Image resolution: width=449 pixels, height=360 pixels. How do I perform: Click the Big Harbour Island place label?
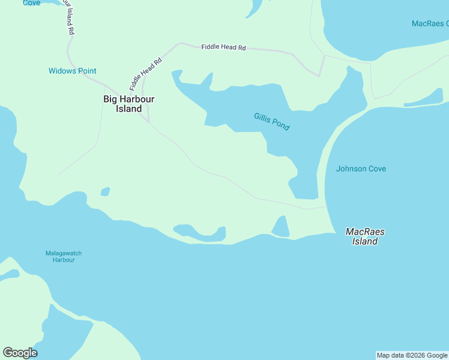point(129,104)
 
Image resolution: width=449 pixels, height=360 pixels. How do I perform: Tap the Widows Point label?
point(72,71)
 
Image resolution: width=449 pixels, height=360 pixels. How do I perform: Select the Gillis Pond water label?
point(271,122)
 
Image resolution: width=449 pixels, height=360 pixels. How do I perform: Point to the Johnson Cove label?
point(361,169)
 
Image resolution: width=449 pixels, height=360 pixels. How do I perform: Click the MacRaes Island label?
point(365,236)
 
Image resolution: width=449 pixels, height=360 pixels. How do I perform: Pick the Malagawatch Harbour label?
point(64,257)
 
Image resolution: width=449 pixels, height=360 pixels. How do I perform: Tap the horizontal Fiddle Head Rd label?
point(223,47)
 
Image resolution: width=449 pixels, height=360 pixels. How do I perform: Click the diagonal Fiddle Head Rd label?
point(146,74)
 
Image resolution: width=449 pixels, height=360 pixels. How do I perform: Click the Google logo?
point(20,353)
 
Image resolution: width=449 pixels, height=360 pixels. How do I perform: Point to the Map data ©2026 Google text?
point(412,355)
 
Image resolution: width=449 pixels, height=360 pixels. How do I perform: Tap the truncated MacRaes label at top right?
point(430,23)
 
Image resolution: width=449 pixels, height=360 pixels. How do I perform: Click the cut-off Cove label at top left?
point(31,3)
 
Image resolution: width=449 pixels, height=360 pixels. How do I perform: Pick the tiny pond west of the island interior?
point(105,192)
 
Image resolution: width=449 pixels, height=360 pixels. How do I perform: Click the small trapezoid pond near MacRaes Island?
point(280,227)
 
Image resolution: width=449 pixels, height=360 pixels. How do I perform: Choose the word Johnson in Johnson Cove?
point(351,169)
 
